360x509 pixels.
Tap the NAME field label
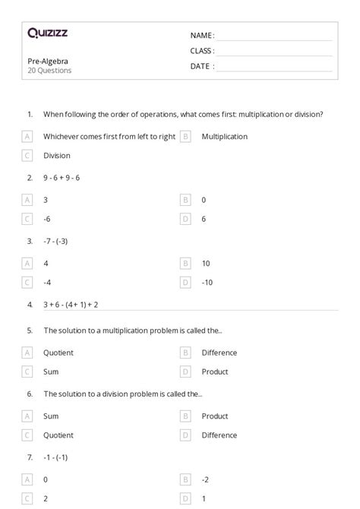pyautogui.click(x=201, y=35)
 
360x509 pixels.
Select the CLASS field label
pyautogui.click(x=202, y=51)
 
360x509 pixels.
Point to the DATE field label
pyautogui.click(x=201, y=66)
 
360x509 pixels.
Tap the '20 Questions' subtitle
pyautogui.click(x=49, y=71)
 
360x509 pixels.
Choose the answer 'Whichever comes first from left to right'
pyautogui.click(x=109, y=137)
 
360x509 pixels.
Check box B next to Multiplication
pyautogui.click(x=185, y=137)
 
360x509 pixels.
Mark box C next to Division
pyautogui.click(x=27, y=156)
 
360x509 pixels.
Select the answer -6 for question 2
pyautogui.click(x=47, y=219)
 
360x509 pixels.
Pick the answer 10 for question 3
pyautogui.click(x=206, y=263)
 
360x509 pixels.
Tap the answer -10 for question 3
pyautogui.click(x=207, y=282)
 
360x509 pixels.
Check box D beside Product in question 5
pyautogui.click(x=185, y=371)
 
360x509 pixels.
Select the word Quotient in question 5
pyautogui.click(x=58, y=353)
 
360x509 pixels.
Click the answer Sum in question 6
pyautogui.click(x=51, y=416)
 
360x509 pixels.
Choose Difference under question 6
pyautogui.click(x=219, y=435)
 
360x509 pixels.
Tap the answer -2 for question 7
pyautogui.click(x=206, y=479)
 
